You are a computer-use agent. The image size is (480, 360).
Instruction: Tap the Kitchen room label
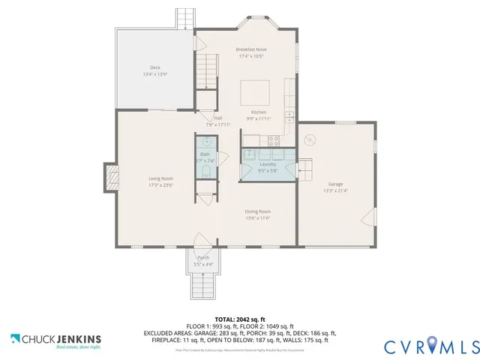(258, 115)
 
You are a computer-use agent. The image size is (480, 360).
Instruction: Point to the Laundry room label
(268, 166)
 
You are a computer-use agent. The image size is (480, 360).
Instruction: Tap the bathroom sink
(205, 142)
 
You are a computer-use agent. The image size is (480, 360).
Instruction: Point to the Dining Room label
(257, 215)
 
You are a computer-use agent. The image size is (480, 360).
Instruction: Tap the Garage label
(335, 187)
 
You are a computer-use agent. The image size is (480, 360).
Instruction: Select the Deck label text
(154, 70)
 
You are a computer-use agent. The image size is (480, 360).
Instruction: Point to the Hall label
(217, 120)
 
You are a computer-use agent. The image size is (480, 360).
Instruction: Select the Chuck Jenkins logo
(55, 341)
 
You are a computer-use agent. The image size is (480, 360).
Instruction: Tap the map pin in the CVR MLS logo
(433, 346)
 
